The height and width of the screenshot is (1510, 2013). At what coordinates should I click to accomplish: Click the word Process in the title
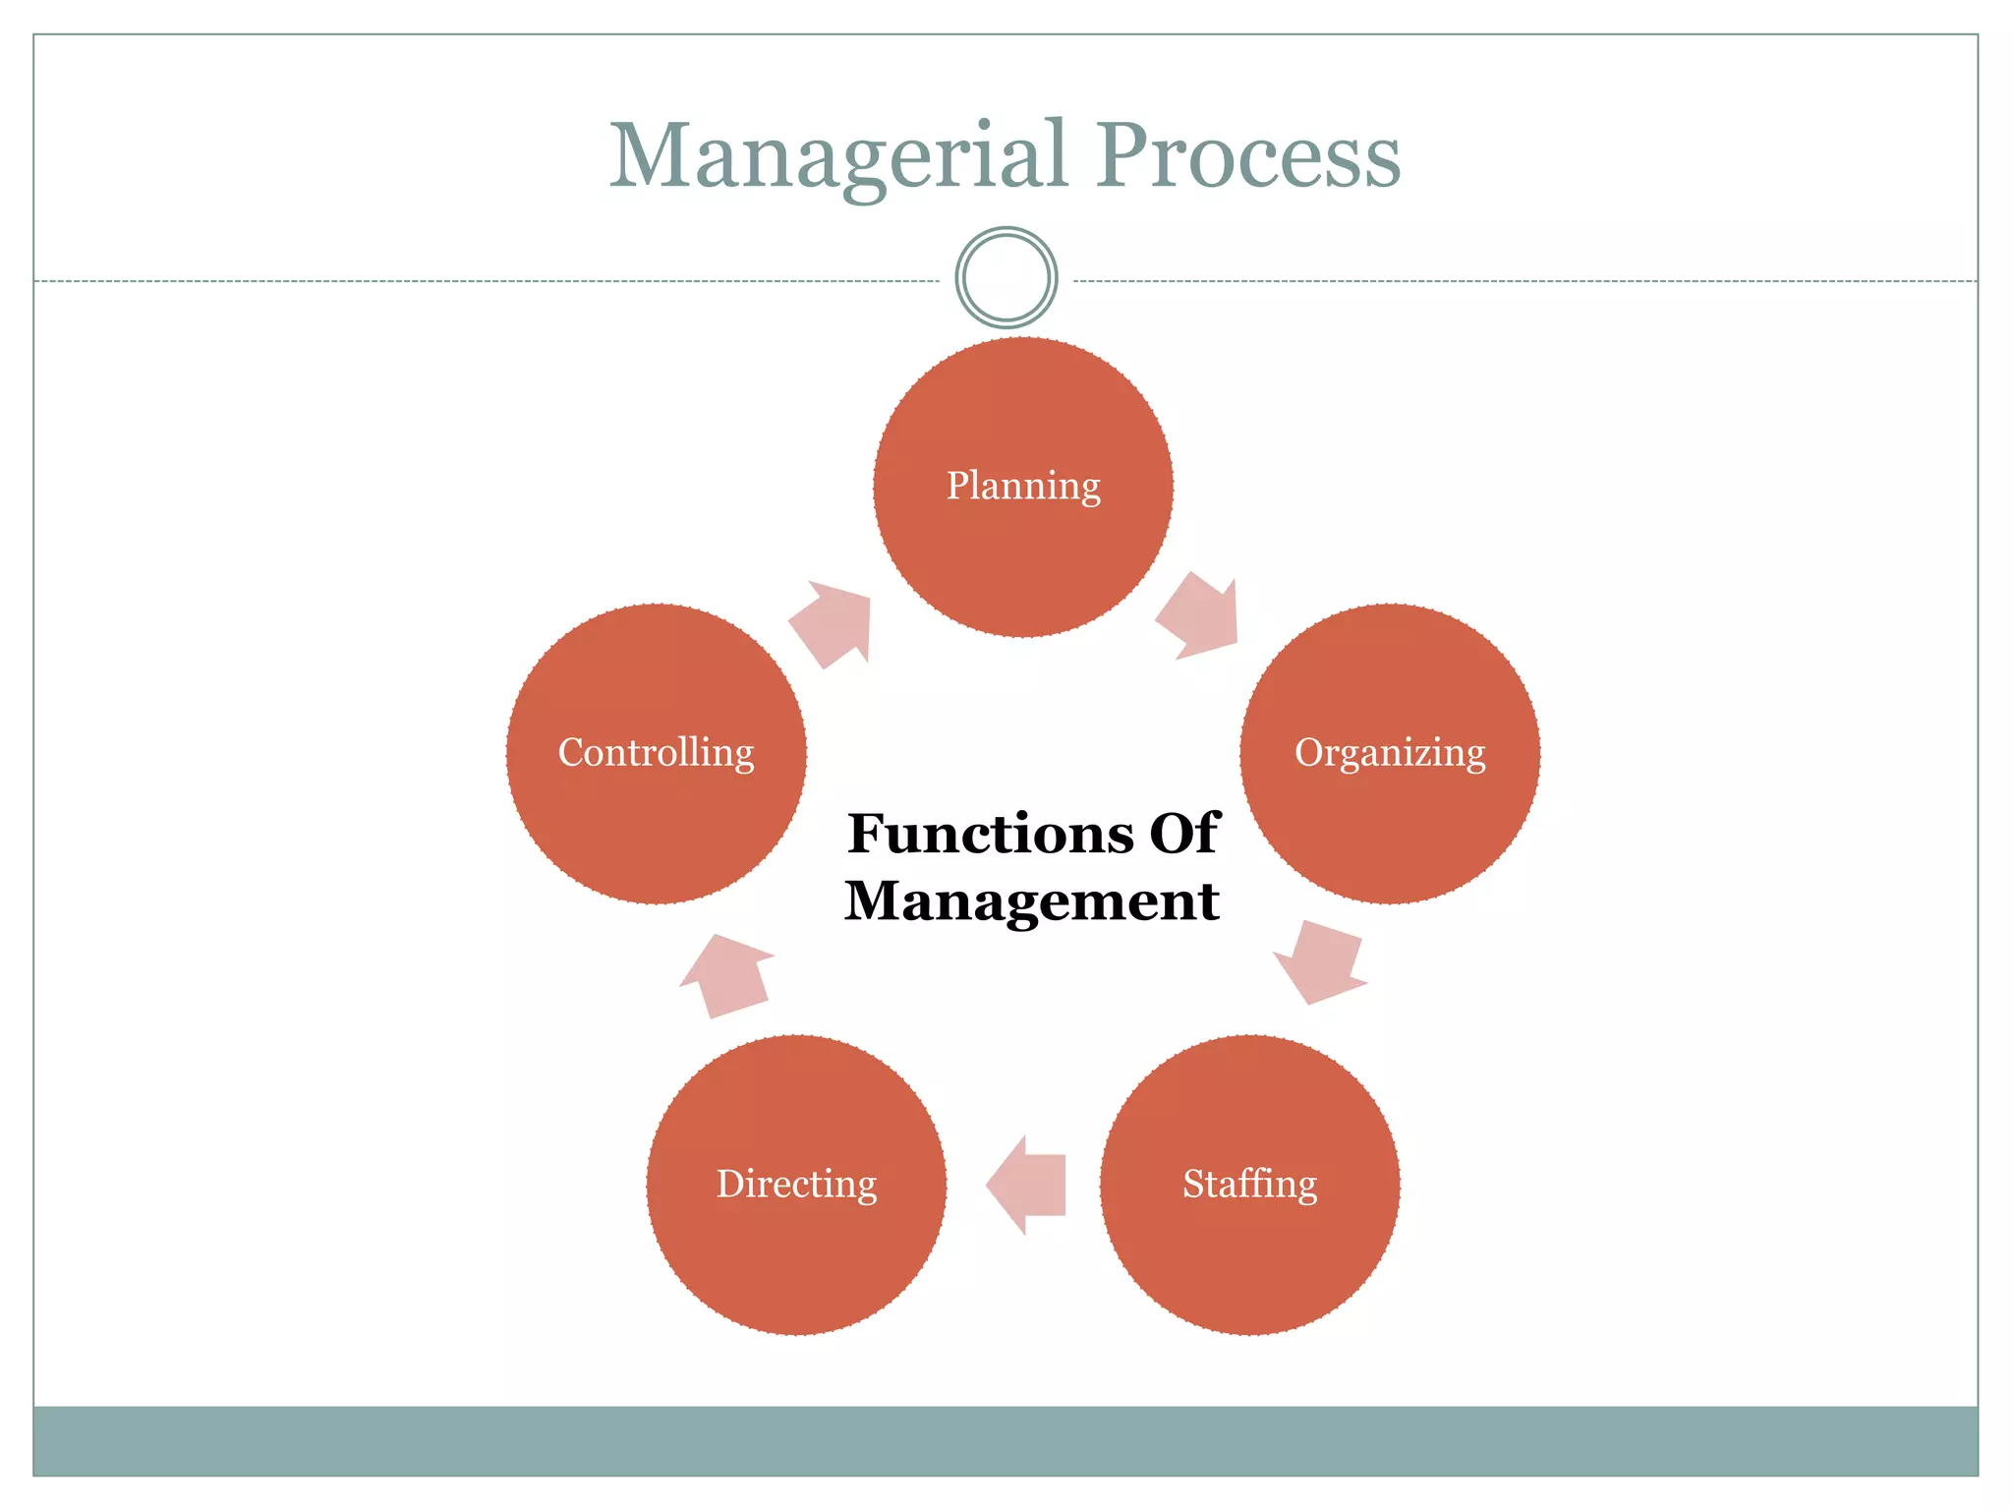(1249, 157)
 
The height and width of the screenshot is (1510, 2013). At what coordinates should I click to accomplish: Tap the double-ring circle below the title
(1006, 278)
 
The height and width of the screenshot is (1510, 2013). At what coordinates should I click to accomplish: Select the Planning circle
(1022, 551)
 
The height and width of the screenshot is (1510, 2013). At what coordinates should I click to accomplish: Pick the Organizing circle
(1390, 826)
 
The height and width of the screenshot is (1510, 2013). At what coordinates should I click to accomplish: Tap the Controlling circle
(656, 826)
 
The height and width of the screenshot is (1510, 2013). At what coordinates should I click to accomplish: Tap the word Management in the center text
(1032, 900)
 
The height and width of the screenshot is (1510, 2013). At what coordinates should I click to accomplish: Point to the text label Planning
(1023, 486)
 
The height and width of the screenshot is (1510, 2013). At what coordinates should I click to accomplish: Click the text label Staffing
(1249, 1184)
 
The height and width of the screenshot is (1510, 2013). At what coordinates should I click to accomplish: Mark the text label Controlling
(656, 753)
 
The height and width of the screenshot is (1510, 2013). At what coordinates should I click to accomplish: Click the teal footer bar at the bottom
(1006, 1440)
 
